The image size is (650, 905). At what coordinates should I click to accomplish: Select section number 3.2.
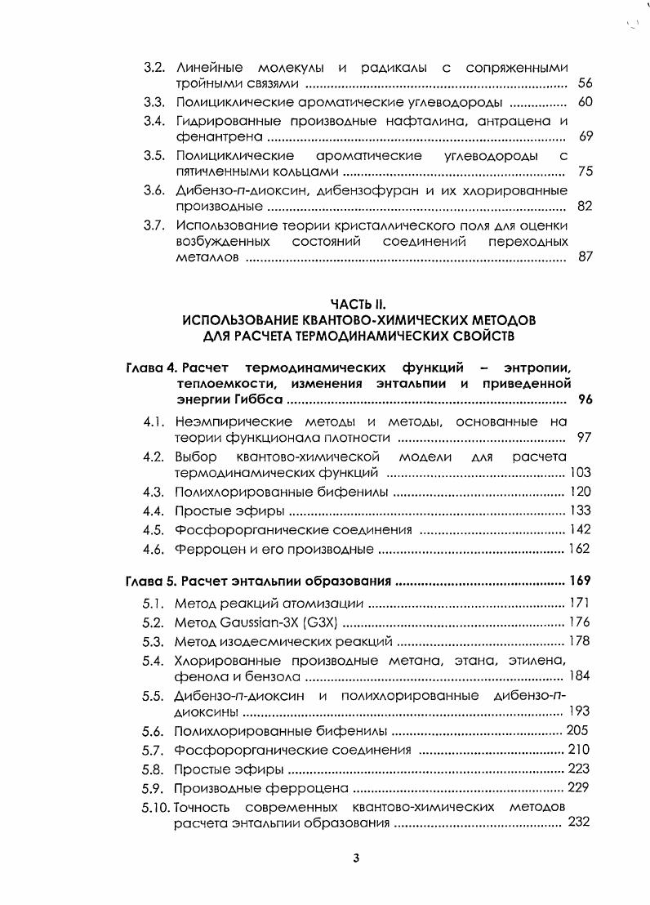(154, 66)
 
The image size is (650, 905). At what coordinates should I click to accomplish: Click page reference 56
(585, 82)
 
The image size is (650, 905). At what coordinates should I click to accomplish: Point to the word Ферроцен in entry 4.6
(204, 549)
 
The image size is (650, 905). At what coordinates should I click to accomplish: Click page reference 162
(580, 549)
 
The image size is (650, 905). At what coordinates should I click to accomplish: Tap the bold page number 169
(580, 582)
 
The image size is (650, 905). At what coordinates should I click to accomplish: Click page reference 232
(579, 822)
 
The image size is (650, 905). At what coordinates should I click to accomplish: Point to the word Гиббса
(263, 399)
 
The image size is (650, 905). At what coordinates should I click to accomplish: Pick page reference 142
(580, 529)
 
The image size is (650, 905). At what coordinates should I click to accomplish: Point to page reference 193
(579, 711)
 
